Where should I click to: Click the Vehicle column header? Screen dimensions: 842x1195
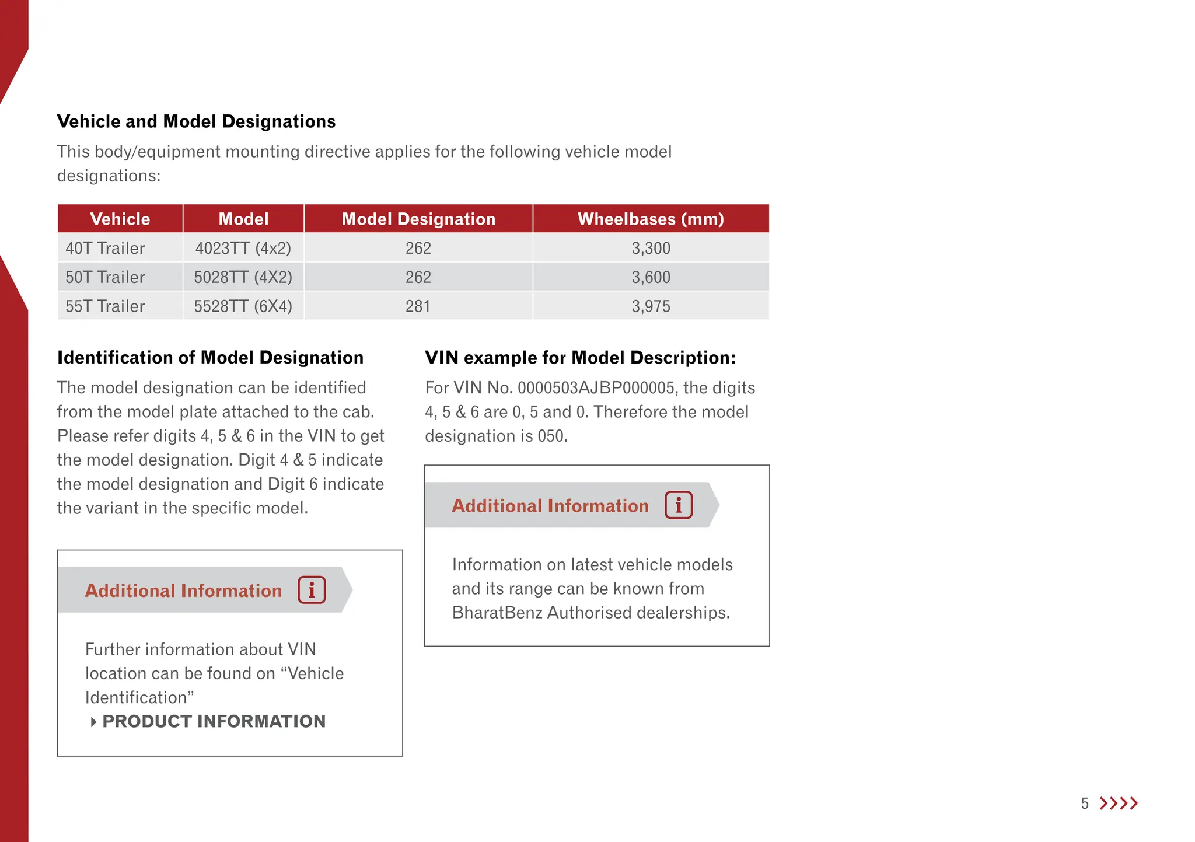click(x=120, y=219)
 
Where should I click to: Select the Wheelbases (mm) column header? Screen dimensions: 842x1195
click(x=651, y=219)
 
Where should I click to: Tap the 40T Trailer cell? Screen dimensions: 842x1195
click(x=105, y=249)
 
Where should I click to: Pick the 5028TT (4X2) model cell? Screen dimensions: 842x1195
click(x=243, y=277)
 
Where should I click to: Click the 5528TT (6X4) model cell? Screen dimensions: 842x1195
click(x=243, y=306)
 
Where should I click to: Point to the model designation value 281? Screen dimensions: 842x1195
click(x=418, y=306)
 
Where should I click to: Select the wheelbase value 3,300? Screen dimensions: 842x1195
click(x=651, y=249)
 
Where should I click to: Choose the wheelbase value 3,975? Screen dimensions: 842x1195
click(x=651, y=306)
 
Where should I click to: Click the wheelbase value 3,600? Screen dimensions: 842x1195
click(x=651, y=277)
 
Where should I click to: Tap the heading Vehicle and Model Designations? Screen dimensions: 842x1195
click(x=196, y=121)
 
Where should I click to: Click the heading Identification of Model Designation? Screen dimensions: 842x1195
click(x=210, y=358)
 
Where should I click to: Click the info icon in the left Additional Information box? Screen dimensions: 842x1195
click(x=312, y=590)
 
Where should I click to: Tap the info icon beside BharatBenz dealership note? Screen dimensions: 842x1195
click(x=679, y=505)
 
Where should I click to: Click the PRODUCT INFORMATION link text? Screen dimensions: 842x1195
click(x=214, y=722)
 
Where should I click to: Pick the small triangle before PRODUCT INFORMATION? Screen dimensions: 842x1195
click(x=93, y=722)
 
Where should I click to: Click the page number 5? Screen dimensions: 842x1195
click(x=1085, y=804)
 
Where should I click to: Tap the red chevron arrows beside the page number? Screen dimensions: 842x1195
click(x=1119, y=803)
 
